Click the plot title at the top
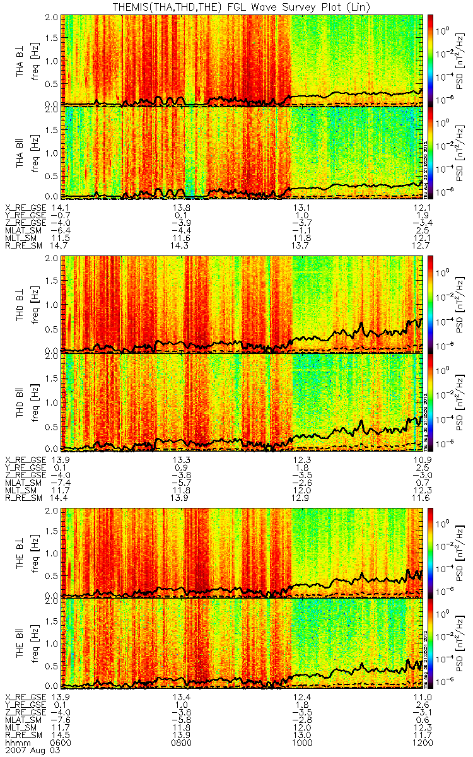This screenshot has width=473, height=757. pos(240,6)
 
